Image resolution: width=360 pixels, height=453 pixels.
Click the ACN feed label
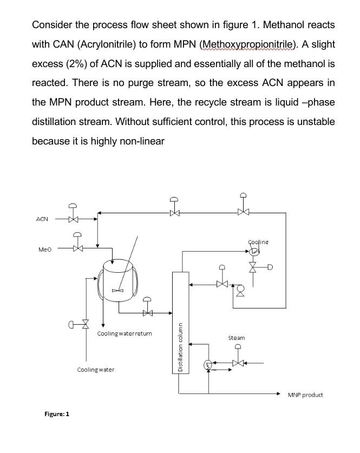[x=42, y=219]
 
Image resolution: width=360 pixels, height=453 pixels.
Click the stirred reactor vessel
[x=119, y=281]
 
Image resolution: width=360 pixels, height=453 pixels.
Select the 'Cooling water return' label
[x=125, y=333]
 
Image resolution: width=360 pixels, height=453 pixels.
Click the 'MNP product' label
[x=305, y=395]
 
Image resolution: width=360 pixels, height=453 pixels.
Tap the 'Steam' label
[x=237, y=338]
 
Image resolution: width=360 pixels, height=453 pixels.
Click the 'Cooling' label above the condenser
[x=258, y=242]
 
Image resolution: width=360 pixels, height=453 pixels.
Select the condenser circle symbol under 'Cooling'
[x=254, y=251]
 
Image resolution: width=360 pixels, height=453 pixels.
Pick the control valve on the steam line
[x=237, y=362]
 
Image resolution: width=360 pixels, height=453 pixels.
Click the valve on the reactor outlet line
[x=146, y=312]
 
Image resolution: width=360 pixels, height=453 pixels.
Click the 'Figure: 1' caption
[x=57, y=413]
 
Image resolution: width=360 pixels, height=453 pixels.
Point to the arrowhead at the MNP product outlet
[x=278, y=394]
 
